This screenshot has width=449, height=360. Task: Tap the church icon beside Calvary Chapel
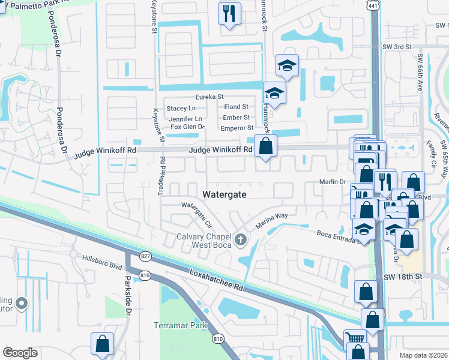pos(241,241)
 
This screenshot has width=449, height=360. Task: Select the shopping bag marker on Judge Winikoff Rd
pos(265,146)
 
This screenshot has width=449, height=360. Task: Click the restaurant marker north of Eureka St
pos(229,13)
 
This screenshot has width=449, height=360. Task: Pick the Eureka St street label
pos(209,97)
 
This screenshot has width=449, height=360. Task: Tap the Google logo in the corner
pos(20,352)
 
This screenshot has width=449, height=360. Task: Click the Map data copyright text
pos(422,355)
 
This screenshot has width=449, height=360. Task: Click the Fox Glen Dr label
pos(187,127)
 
